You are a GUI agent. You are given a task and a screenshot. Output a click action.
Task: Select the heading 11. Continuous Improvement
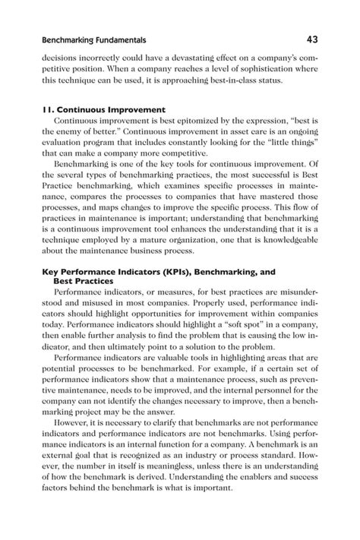tap(101, 109)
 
